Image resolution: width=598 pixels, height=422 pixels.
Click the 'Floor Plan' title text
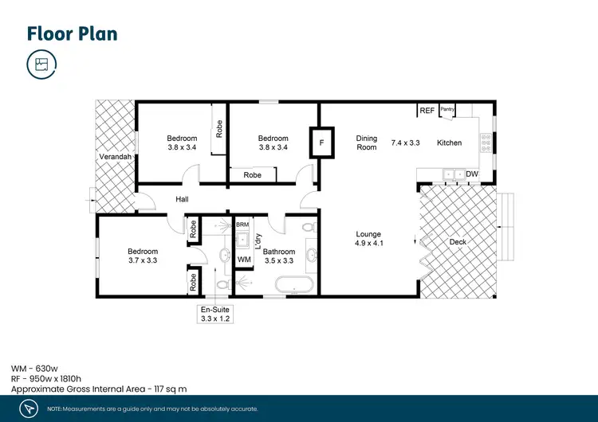(x=72, y=33)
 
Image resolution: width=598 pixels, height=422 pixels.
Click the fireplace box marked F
(x=321, y=143)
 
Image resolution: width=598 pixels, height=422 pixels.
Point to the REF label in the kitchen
(x=427, y=111)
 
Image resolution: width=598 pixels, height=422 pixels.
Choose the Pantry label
(x=447, y=110)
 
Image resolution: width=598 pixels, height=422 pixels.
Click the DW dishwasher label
(x=471, y=174)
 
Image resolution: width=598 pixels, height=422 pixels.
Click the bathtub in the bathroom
(x=293, y=283)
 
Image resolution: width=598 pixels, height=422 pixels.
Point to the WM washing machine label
(x=244, y=260)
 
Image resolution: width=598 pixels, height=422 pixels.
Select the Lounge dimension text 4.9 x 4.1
(x=369, y=244)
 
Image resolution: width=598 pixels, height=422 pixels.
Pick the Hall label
(x=182, y=200)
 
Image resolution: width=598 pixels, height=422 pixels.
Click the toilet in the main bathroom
(x=307, y=227)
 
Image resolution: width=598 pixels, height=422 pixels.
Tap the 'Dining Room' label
(x=366, y=143)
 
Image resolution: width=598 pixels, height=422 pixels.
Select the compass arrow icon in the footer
(x=29, y=408)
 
